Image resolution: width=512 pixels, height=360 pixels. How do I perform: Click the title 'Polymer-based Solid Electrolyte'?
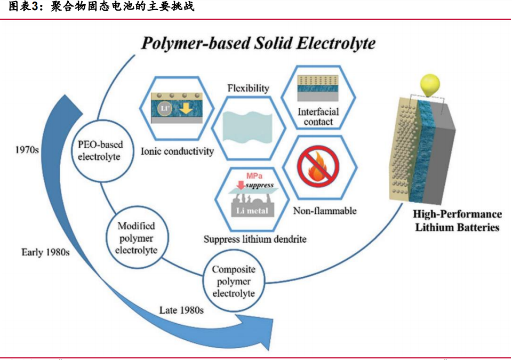coord(258,43)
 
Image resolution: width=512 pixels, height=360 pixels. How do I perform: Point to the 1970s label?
coord(26,150)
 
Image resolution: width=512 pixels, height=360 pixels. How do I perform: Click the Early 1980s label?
coord(45,252)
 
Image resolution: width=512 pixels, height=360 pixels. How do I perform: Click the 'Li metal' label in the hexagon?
coord(253,210)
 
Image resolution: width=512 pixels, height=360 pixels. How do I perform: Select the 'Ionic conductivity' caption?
coord(177,151)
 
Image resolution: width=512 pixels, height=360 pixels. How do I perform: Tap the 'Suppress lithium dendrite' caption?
coord(255,239)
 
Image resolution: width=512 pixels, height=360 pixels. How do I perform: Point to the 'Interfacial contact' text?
coord(318,117)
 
